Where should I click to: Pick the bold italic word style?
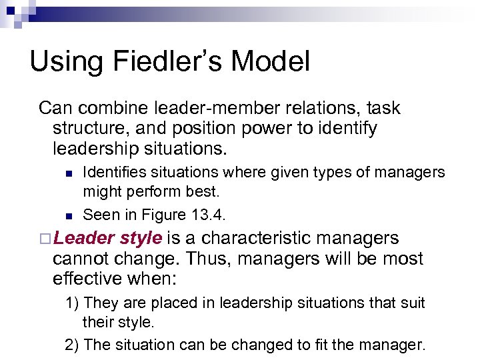point(139,238)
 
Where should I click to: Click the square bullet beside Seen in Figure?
point(68,215)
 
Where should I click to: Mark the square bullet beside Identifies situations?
point(68,173)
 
